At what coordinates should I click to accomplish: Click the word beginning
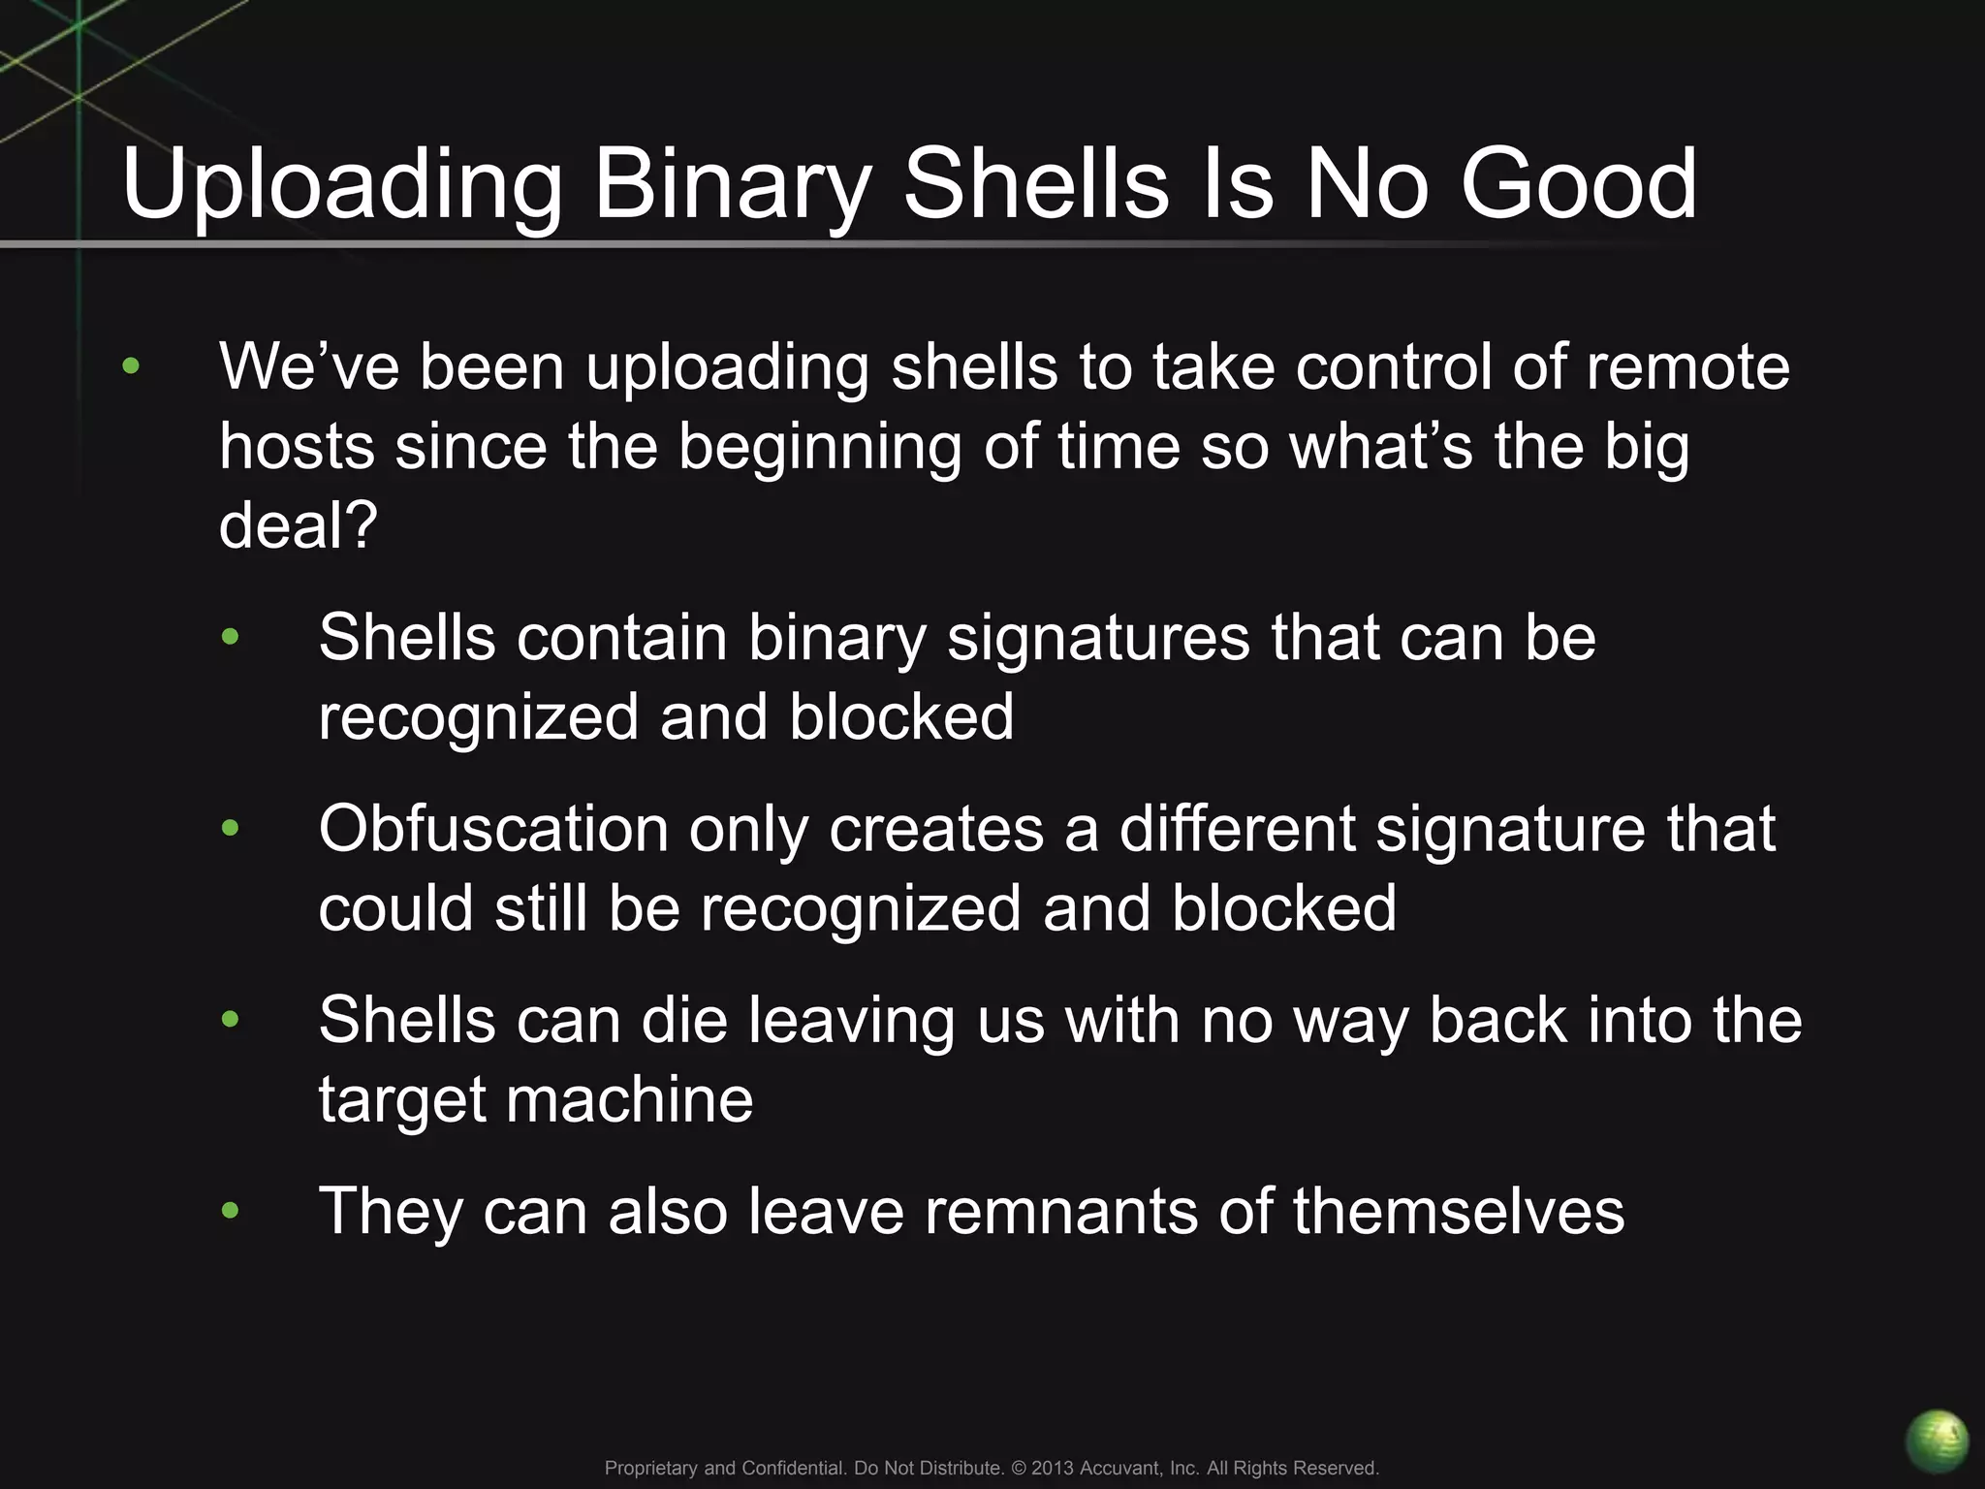(x=818, y=448)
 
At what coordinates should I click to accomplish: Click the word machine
(x=629, y=1100)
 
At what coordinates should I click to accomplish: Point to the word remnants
(x=1060, y=1211)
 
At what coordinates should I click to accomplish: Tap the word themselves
(x=1458, y=1211)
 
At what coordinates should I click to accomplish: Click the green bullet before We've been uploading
(x=131, y=367)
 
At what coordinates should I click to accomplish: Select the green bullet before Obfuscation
(x=230, y=829)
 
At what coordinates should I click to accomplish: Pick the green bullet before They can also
(x=230, y=1211)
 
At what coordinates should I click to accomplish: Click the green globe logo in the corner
(x=1936, y=1441)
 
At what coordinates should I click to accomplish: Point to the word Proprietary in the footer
(x=651, y=1468)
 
